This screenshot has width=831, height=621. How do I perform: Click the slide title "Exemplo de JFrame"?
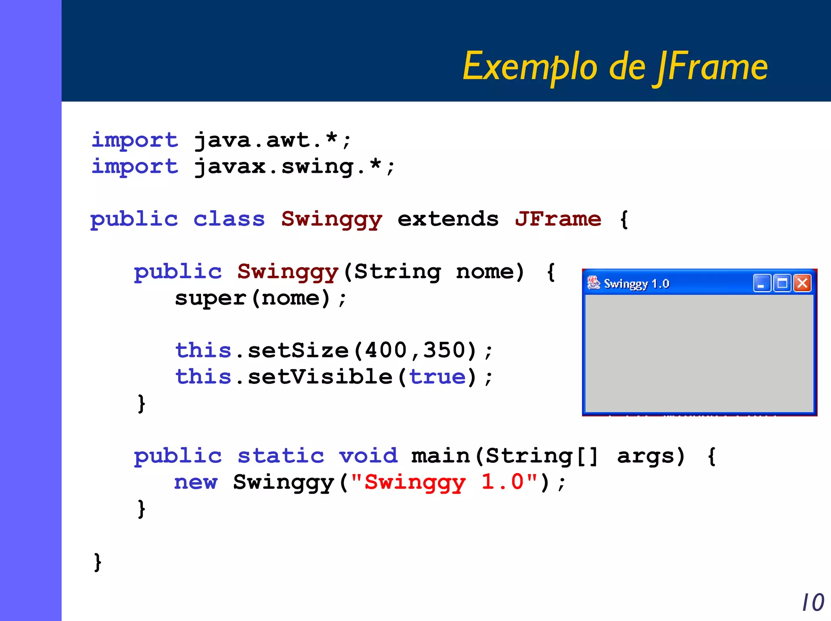[615, 67]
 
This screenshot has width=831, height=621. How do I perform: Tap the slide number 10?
[813, 602]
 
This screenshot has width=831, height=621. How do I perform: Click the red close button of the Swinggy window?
[802, 283]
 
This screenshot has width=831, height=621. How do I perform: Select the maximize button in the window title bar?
[782, 283]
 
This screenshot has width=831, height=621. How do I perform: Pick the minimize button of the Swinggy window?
[762, 283]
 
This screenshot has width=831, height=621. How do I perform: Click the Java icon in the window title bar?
[594, 283]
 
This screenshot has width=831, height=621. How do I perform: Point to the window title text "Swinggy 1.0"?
[636, 284]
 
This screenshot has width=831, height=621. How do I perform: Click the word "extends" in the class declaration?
[448, 219]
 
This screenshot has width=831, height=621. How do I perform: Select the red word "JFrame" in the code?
[558, 219]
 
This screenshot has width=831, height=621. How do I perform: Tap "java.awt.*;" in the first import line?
[272, 140]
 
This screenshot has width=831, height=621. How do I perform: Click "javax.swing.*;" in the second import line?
[294, 167]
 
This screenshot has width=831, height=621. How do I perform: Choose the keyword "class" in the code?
[229, 219]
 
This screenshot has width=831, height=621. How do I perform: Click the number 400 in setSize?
[385, 350]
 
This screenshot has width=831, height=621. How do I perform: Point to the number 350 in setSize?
[444, 350]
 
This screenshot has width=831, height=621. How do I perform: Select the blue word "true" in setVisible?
[437, 376]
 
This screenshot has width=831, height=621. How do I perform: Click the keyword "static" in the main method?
[281, 456]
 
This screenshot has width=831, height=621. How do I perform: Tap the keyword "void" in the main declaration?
[368, 456]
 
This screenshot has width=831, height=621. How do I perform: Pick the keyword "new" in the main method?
[196, 482]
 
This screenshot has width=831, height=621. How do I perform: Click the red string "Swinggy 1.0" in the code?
[444, 482]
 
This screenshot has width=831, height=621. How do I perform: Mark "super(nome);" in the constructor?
[261, 298]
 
